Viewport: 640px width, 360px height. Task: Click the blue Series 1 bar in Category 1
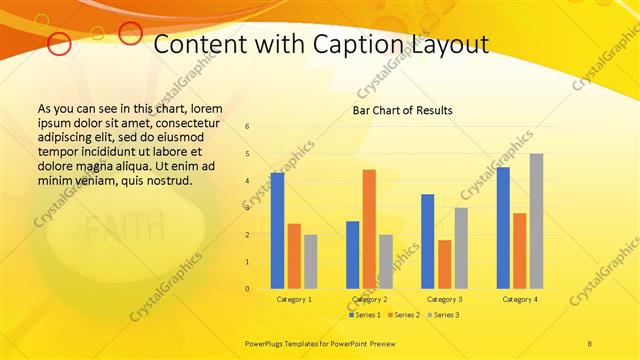point(277,231)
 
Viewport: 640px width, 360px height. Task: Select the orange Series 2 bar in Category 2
point(369,229)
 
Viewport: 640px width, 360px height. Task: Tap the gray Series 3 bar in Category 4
point(536,221)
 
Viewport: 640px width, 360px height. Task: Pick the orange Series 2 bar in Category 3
point(444,264)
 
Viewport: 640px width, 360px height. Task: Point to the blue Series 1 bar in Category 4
point(503,228)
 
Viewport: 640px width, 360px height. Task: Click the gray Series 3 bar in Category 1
point(310,262)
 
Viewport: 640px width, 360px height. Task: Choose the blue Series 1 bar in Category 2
point(352,255)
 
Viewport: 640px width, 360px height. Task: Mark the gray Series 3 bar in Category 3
point(461,248)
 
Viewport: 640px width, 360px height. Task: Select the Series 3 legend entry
point(443,315)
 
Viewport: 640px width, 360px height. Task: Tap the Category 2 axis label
point(369,299)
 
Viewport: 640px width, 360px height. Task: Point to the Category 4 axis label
point(519,299)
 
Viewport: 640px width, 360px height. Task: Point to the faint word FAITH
point(112,232)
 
